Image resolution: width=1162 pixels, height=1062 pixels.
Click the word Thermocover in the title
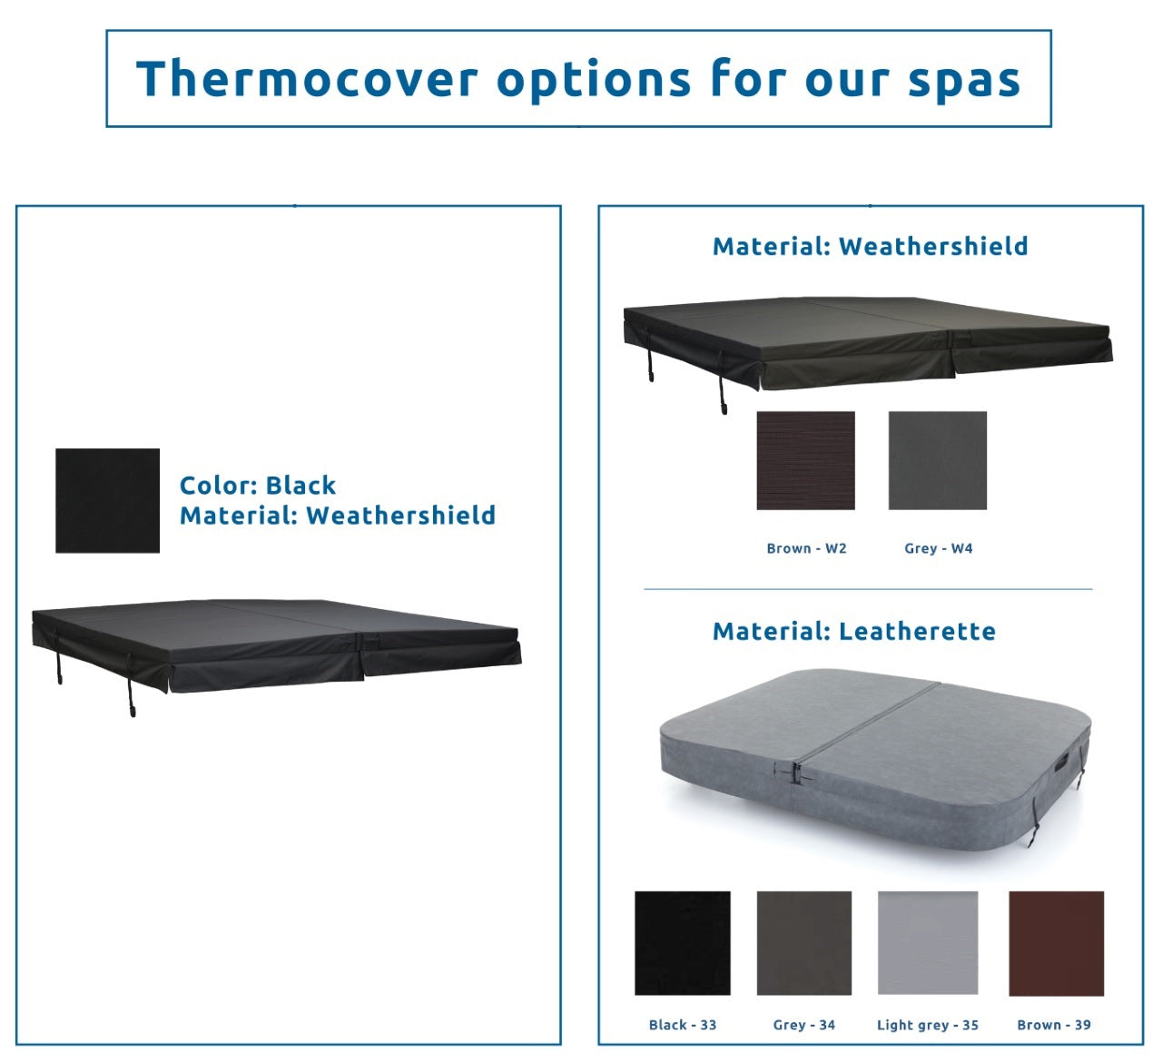tap(306, 78)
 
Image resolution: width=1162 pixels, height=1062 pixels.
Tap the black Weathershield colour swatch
tap(107, 500)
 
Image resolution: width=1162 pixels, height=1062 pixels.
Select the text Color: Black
tap(258, 485)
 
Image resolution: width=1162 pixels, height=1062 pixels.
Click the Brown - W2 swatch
tap(805, 460)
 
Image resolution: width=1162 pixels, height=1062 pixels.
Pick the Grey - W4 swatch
tap(937, 460)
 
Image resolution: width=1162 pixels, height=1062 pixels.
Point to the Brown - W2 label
tap(806, 548)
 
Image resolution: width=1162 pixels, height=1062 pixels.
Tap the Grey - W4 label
tap(938, 548)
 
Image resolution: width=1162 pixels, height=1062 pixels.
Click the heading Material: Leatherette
tap(853, 631)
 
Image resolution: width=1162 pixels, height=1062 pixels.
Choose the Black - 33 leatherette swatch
tap(682, 943)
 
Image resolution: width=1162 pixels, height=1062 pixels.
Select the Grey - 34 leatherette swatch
tap(803, 943)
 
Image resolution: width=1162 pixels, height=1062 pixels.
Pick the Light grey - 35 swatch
tap(927, 943)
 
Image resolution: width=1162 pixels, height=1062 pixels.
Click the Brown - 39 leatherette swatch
tap(1056, 943)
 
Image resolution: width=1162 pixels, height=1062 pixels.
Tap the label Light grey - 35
tap(927, 1025)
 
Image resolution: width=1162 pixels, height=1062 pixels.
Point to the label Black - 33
tap(682, 1025)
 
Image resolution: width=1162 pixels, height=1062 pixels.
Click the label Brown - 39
tap(1053, 1025)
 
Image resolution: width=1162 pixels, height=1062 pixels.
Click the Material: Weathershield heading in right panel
tap(870, 246)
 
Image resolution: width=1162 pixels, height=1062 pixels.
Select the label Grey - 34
tap(803, 1025)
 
